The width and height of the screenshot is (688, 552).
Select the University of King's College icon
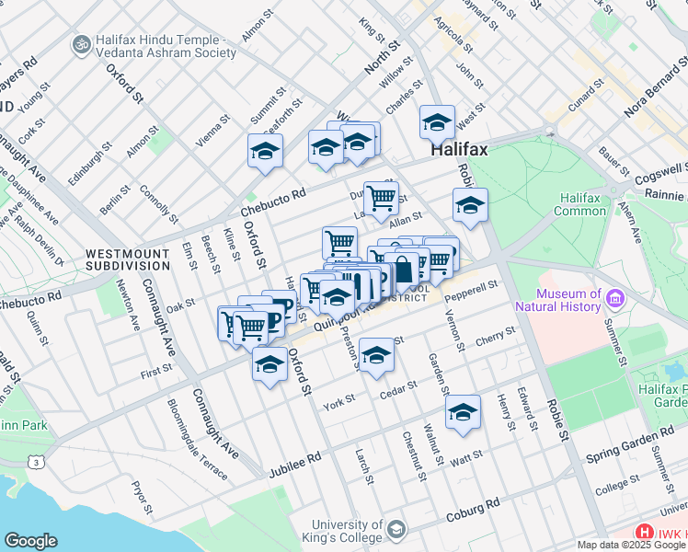(x=396, y=529)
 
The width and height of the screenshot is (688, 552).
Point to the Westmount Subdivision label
(x=128, y=259)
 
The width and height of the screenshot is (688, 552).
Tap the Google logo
(x=30, y=541)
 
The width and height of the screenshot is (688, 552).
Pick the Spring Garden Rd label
(x=629, y=446)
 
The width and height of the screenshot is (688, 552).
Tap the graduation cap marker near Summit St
(x=265, y=152)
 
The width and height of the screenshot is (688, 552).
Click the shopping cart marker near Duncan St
(x=381, y=196)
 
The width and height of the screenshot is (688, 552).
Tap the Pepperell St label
(x=471, y=295)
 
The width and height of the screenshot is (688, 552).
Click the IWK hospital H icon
(x=645, y=532)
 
